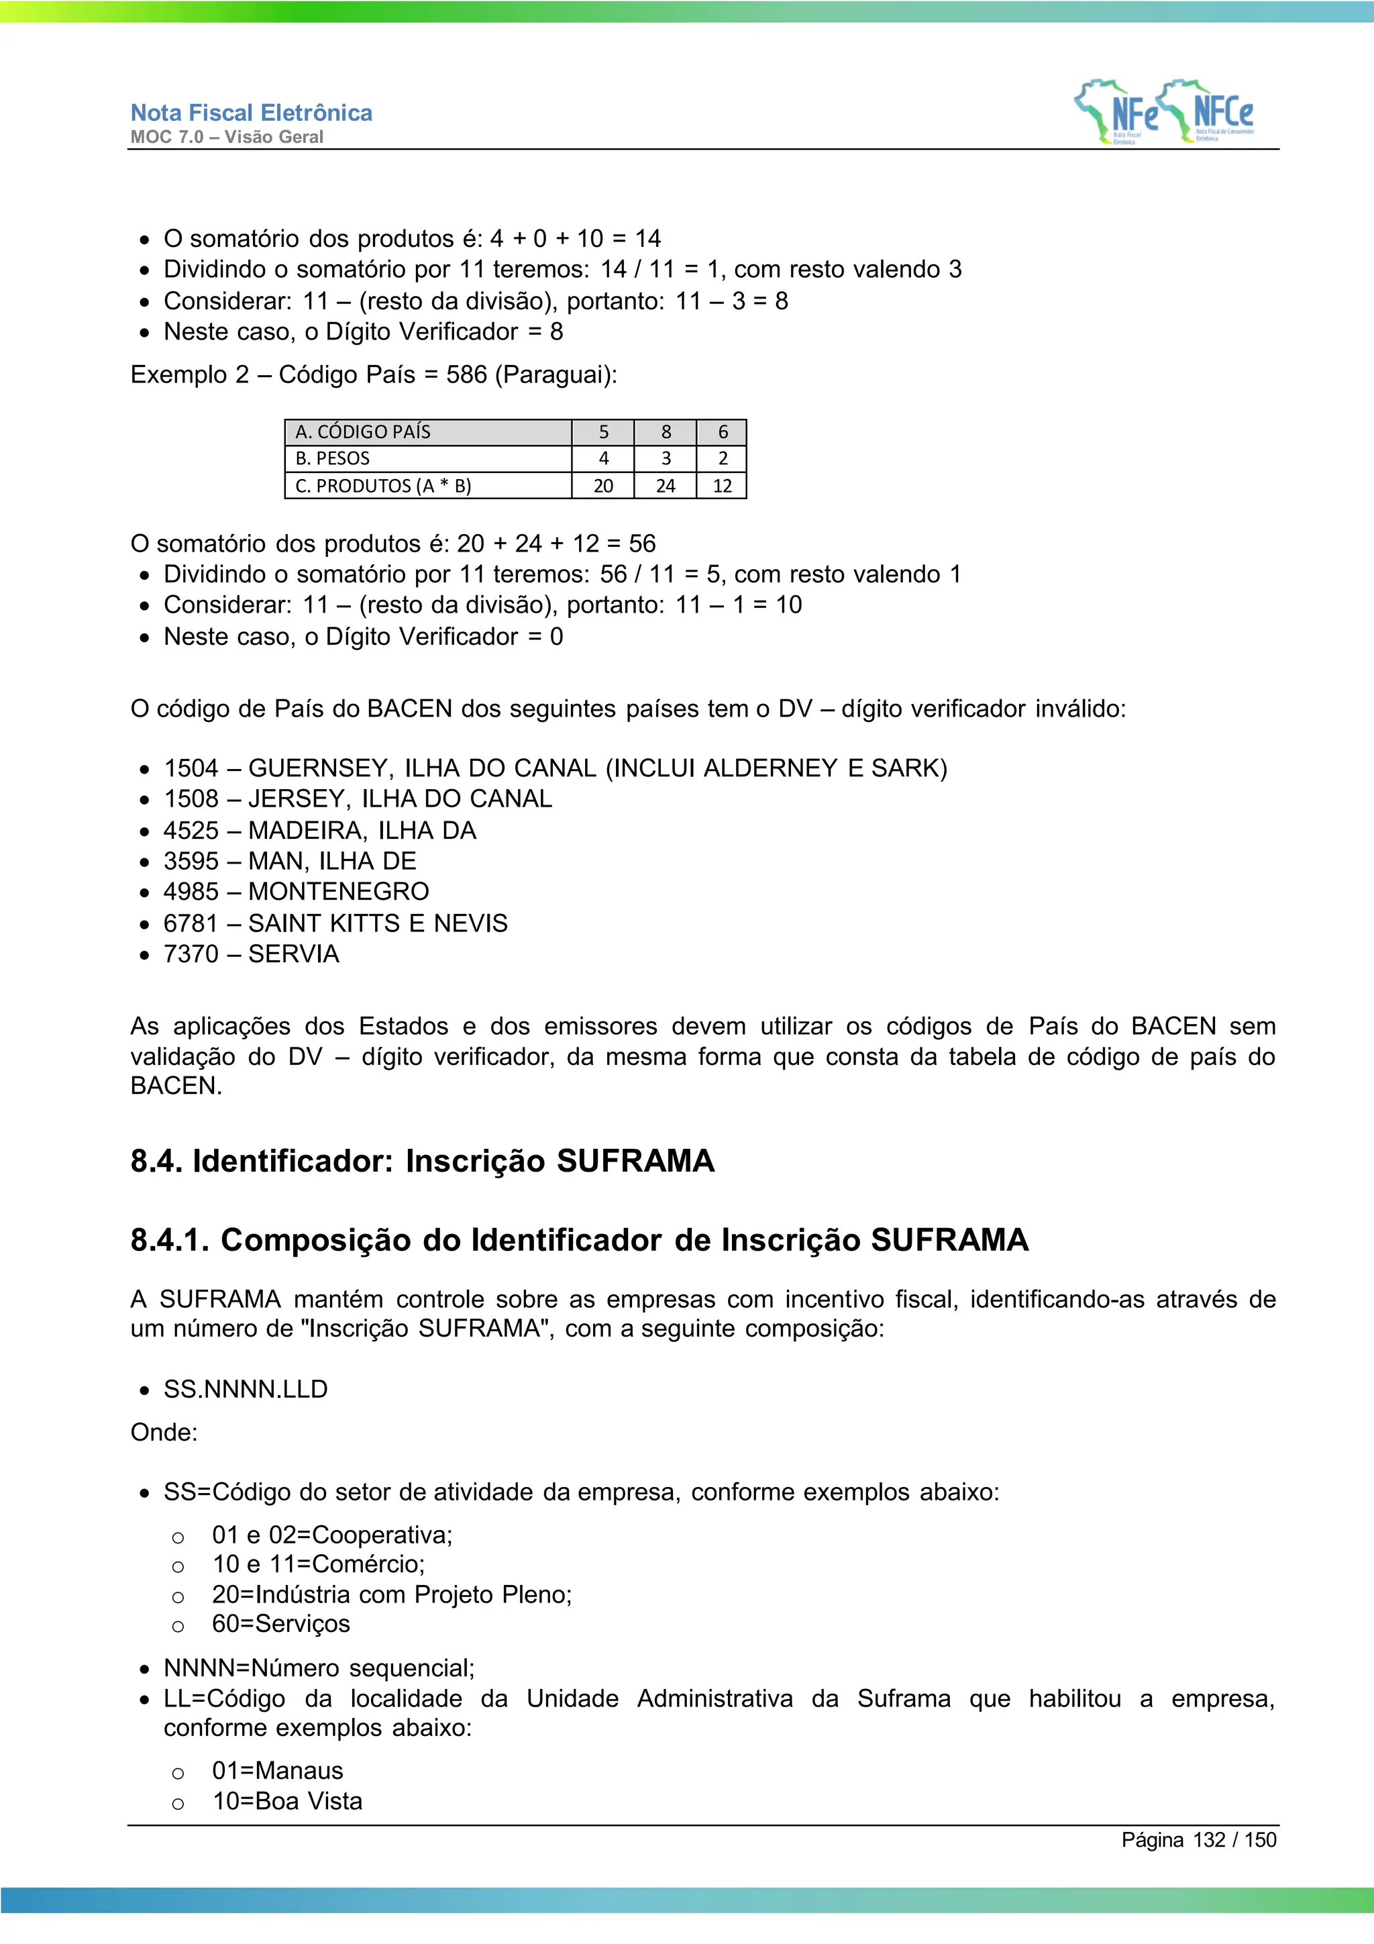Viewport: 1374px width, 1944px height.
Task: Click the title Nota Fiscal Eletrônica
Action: click(x=252, y=113)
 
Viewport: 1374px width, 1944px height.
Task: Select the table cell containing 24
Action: click(x=666, y=486)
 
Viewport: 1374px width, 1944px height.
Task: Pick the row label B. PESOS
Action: click(x=333, y=459)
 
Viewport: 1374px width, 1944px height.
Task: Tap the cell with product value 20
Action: click(x=602, y=486)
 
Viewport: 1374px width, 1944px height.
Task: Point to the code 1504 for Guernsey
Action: click(x=191, y=768)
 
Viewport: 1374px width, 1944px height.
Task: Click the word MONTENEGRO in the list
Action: click(x=339, y=892)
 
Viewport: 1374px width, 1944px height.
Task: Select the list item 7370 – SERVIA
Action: click(x=252, y=954)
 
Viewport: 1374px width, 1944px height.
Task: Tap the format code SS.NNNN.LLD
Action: click(x=246, y=1390)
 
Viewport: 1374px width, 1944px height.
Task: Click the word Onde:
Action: click(x=164, y=1433)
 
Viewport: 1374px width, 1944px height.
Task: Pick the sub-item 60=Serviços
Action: click(x=281, y=1624)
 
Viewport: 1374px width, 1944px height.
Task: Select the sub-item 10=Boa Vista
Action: click(x=287, y=1802)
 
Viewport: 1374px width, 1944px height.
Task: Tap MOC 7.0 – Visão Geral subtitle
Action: click(x=227, y=137)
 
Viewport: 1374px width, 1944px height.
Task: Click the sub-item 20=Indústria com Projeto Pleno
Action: click(x=392, y=1595)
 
